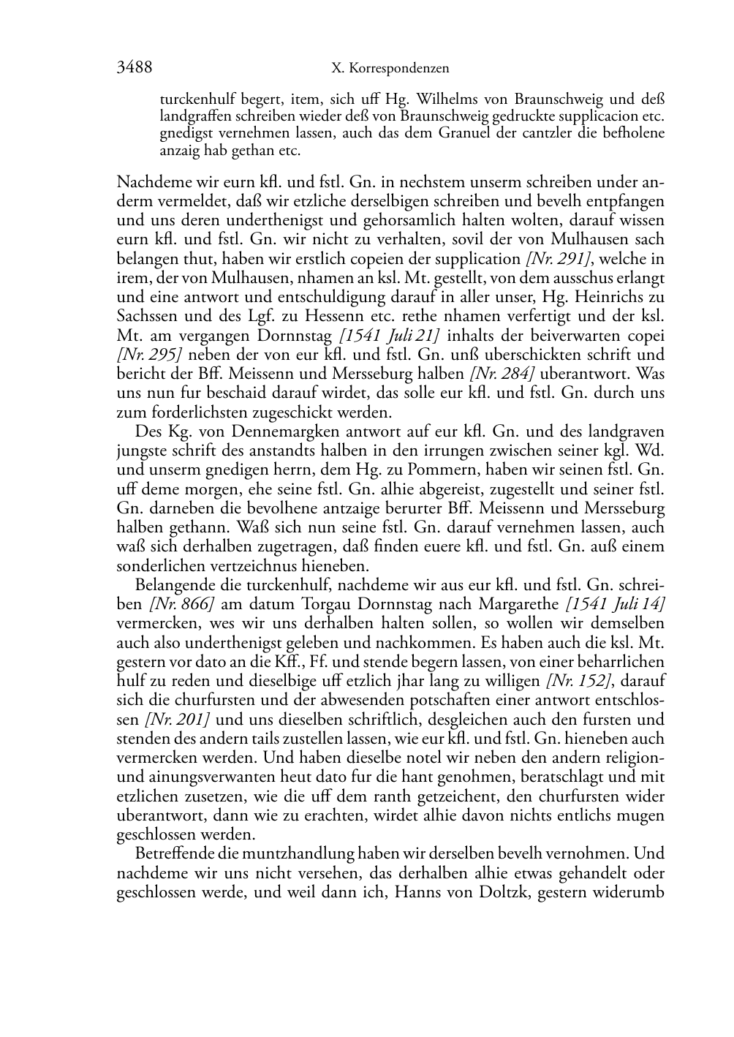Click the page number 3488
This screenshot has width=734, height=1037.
[134, 68]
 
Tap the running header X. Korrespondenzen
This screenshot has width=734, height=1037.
[390, 69]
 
